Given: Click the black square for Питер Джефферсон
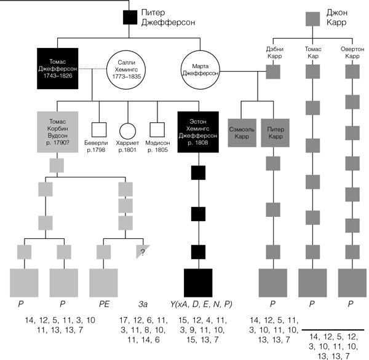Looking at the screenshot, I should [130, 18].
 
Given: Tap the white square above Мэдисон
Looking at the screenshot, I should [159, 129].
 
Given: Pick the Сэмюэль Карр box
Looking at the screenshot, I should [242, 132].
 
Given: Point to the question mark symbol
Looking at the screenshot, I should [143, 251].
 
